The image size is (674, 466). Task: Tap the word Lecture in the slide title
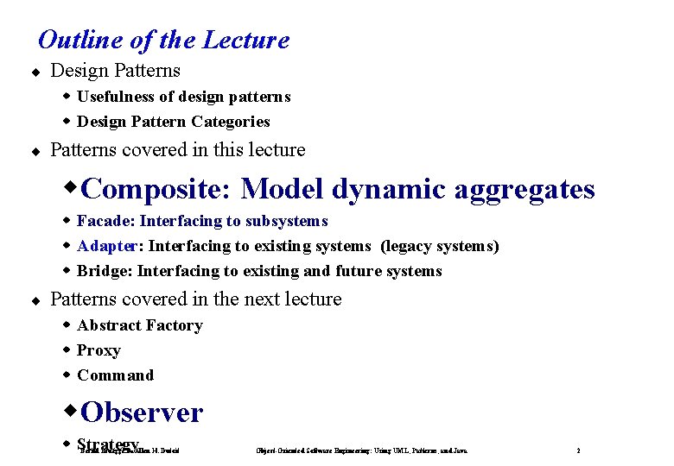click(x=245, y=40)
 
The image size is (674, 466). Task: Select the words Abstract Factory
click(x=140, y=325)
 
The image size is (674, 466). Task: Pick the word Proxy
click(x=99, y=350)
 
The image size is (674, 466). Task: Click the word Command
click(x=115, y=375)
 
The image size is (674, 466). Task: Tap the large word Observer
click(x=142, y=412)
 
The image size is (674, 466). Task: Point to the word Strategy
click(x=107, y=444)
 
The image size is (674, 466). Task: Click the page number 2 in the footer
click(x=578, y=450)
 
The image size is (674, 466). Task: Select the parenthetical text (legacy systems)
click(x=440, y=246)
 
